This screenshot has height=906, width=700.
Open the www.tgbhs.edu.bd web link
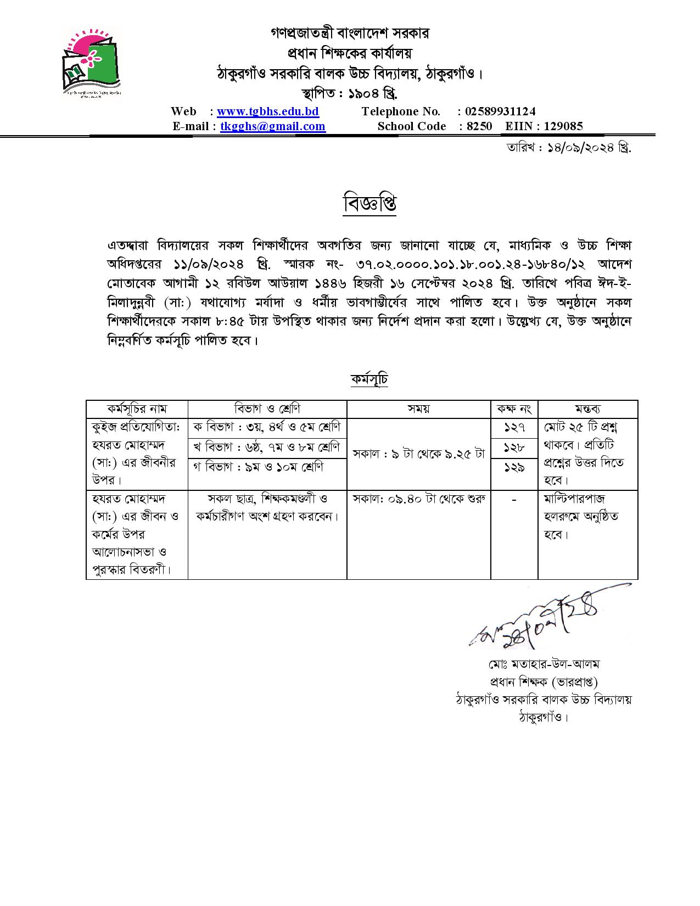(x=268, y=111)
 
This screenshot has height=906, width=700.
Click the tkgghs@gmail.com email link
(x=273, y=126)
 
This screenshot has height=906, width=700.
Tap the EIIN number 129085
(x=559, y=126)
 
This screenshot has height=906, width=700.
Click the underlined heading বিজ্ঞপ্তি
(x=369, y=204)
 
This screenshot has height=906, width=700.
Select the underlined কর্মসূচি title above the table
(x=369, y=379)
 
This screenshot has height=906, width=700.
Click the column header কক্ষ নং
(x=514, y=409)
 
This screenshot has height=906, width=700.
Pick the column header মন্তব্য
(x=587, y=409)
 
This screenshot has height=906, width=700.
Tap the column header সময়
(x=418, y=409)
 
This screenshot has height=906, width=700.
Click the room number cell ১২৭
(x=514, y=428)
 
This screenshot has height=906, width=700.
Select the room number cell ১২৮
(x=514, y=448)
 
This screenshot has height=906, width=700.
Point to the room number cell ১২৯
(x=514, y=467)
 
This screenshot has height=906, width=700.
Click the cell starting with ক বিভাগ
(x=267, y=428)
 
